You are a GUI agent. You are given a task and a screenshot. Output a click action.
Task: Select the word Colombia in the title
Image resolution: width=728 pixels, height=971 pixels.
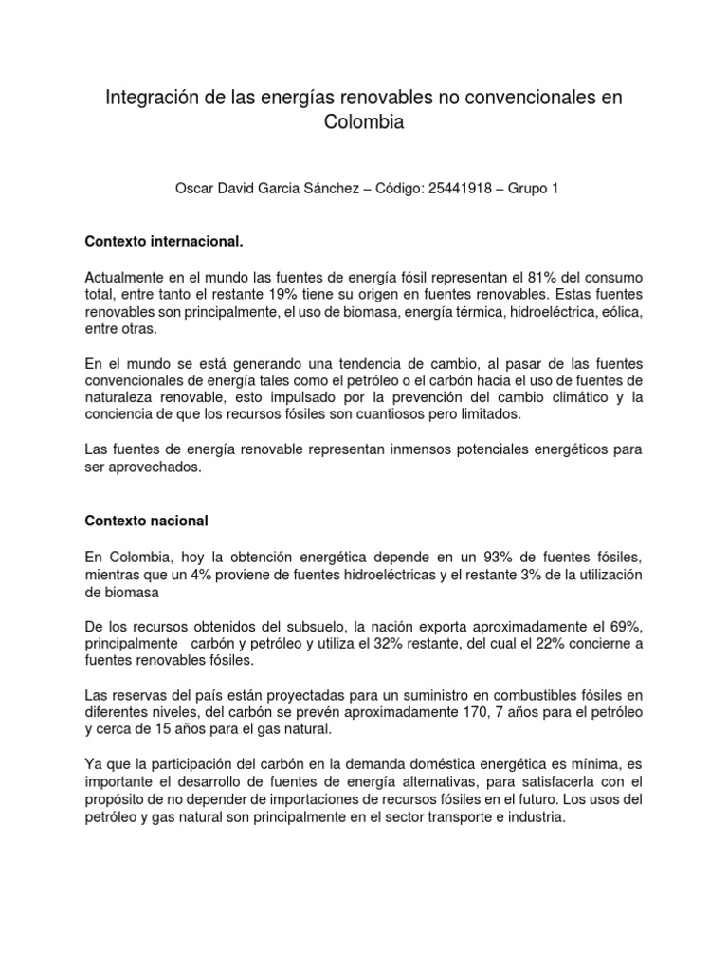364,122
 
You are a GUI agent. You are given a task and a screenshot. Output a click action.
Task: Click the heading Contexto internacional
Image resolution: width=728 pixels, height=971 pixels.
165,242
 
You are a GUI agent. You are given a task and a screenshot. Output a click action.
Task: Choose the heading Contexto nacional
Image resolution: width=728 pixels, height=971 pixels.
146,521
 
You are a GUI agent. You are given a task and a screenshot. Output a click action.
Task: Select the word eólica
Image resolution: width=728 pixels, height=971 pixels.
620,311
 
